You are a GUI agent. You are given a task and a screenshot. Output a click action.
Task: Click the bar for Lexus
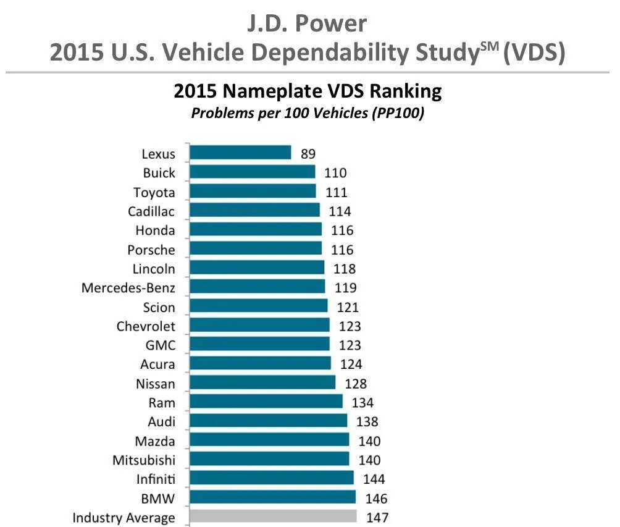[240, 153]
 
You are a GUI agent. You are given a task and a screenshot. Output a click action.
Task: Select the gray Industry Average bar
[273, 516]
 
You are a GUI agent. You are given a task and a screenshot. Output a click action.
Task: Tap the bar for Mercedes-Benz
[257, 287]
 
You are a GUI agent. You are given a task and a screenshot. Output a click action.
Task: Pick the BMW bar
[272, 497]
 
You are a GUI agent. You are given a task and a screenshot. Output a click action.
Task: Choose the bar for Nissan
[262, 382]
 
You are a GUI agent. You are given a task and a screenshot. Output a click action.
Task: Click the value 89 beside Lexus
[308, 154]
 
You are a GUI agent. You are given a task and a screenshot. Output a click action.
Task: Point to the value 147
[377, 518]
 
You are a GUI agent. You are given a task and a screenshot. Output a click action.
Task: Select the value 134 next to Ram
[363, 403]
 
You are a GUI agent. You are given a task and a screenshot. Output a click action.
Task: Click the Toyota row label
[154, 192]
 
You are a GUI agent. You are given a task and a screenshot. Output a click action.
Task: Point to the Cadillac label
[151, 211]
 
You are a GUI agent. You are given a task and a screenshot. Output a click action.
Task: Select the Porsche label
[151, 250]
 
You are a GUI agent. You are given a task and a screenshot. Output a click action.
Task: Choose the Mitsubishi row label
[144, 460]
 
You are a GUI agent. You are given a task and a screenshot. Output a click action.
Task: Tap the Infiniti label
[155, 479]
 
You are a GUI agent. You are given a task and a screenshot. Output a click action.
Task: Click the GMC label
[159, 345]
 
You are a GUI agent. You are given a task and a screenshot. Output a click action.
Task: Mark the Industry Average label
[124, 518]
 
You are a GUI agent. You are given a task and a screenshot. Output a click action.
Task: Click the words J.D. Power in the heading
[307, 23]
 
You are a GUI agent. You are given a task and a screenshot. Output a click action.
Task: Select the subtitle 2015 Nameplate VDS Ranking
[308, 91]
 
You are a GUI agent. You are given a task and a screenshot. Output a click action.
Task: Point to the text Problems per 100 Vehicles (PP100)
[308, 114]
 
